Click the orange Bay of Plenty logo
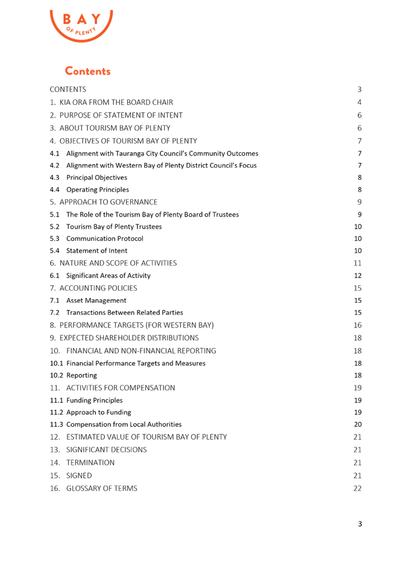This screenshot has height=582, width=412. (x=81, y=25)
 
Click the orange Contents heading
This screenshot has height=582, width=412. (x=88, y=71)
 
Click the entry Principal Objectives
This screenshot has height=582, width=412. (x=97, y=177)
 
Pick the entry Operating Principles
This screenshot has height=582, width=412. (x=98, y=189)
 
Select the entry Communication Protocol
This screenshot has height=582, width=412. (x=104, y=239)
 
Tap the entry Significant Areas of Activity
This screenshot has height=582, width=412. (x=108, y=276)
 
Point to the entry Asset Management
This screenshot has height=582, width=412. (x=96, y=300)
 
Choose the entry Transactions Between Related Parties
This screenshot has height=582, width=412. (x=124, y=312)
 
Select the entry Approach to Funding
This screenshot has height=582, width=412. (x=98, y=412)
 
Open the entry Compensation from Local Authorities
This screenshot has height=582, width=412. (x=124, y=425)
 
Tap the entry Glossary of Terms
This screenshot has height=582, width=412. (x=101, y=489)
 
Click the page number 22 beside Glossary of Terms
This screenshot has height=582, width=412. (x=357, y=489)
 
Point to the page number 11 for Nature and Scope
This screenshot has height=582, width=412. (x=357, y=263)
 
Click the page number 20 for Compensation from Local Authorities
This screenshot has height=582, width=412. (x=357, y=425)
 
